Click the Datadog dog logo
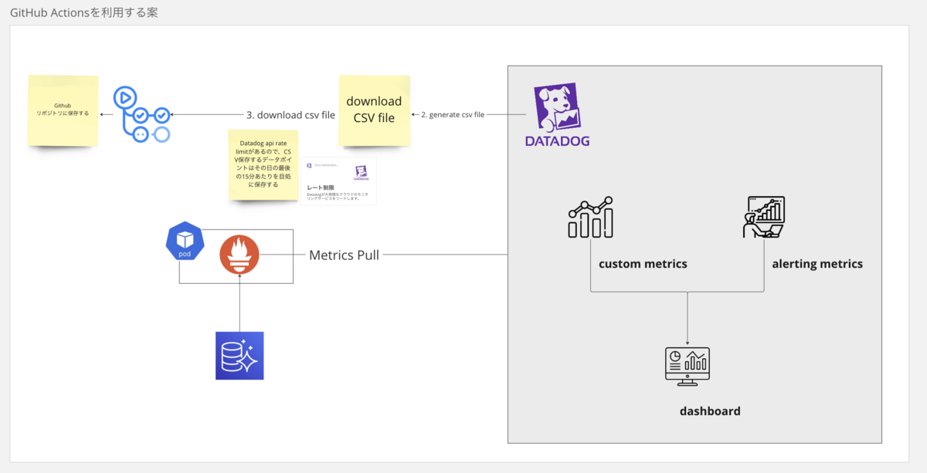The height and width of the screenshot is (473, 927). click(x=558, y=107)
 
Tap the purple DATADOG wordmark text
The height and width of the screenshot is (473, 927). click(x=558, y=141)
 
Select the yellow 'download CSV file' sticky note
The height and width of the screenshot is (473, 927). click(x=375, y=110)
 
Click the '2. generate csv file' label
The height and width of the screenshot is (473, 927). click(x=453, y=114)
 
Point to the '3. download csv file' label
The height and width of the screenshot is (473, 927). click(x=290, y=115)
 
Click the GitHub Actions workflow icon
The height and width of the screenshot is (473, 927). click(x=141, y=114)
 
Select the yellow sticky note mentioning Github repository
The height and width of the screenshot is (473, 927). click(x=63, y=110)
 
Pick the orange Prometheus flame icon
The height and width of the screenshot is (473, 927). click(x=239, y=255)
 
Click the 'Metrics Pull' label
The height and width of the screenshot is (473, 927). click(x=344, y=255)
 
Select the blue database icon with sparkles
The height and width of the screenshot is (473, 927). click(x=239, y=356)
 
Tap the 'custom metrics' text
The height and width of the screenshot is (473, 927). click(x=643, y=264)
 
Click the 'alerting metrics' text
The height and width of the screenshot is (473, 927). click(x=817, y=264)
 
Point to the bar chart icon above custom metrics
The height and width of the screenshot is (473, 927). click(x=591, y=218)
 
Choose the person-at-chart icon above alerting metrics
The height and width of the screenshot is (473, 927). click(x=763, y=217)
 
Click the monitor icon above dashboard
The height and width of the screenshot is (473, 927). click(x=687, y=367)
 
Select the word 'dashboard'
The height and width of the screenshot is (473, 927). click(x=710, y=411)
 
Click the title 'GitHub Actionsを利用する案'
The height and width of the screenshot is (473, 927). click(x=83, y=12)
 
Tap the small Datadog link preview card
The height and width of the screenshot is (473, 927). click(x=338, y=181)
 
